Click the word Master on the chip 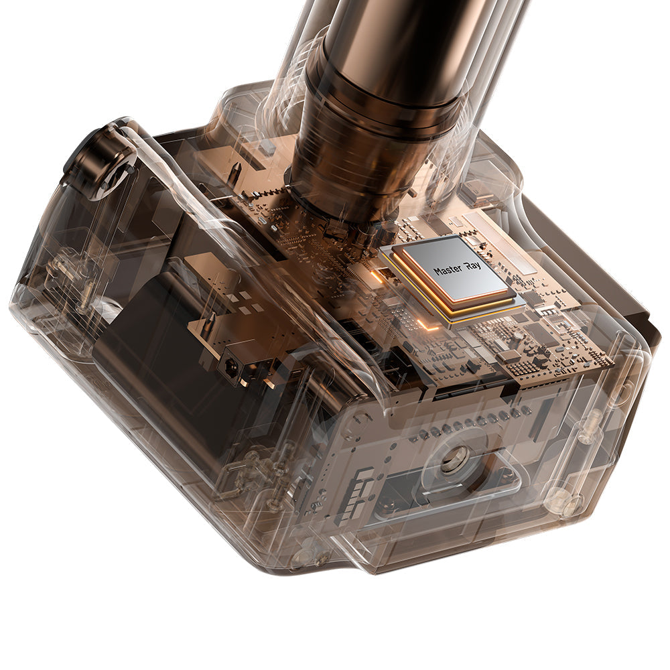coord(448,270)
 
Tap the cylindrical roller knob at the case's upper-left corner coord(95,160)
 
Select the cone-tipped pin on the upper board coord(234,171)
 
